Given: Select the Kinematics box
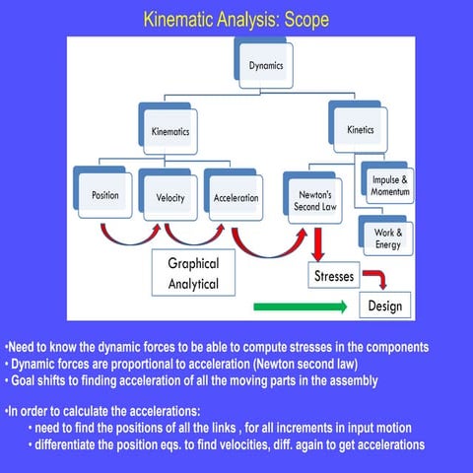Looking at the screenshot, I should (170, 130).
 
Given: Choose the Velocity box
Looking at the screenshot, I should (170, 196).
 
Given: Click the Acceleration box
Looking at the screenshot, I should (236, 197).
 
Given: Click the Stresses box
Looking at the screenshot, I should (334, 277).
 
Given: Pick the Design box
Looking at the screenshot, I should (384, 305).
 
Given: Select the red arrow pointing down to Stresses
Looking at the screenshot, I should (318, 244).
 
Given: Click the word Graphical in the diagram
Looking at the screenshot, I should (193, 264).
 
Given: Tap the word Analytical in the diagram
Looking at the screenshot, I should (193, 285).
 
